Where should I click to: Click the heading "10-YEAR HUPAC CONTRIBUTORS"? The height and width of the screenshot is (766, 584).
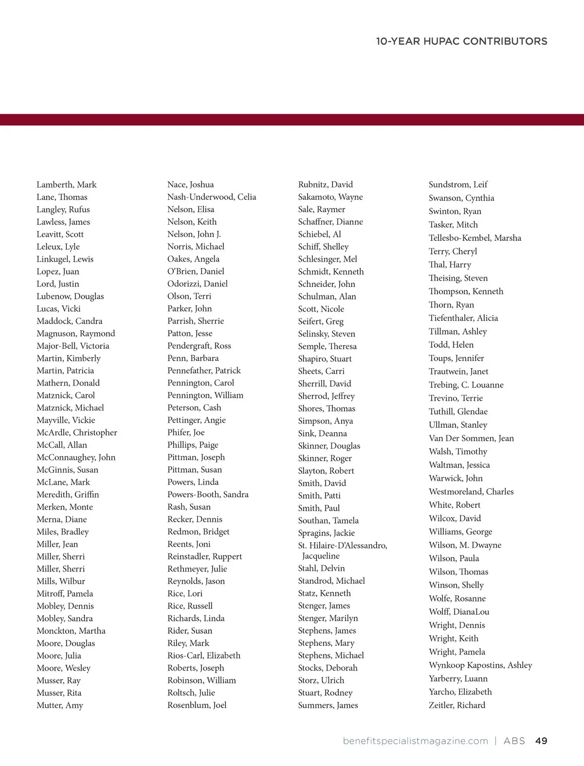coord(461,41)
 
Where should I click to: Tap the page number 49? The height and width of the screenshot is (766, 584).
coord(541,741)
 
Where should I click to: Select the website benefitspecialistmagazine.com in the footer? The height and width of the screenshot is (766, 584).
coord(415,741)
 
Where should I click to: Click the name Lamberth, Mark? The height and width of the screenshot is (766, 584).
coord(67,184)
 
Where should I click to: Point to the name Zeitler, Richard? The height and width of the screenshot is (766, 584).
coord(457,705)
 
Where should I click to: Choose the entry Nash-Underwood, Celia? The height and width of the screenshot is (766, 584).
coord(212,196)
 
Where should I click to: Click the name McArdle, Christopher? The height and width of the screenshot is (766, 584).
coord(77,432)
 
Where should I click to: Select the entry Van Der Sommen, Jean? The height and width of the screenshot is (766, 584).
coord(471,438)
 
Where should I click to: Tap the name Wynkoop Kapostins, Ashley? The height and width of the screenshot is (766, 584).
coord(480,665)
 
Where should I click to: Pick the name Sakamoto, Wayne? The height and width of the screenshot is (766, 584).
coord(330,196)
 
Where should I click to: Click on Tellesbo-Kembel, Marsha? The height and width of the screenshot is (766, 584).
coord(475,238)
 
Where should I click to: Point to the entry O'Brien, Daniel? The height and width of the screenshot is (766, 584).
coord(196,271)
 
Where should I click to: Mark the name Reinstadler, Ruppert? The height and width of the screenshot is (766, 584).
coord(204,556)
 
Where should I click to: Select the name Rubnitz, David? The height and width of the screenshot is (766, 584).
coord(326,184)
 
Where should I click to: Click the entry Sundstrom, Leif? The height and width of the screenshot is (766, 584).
coord(458,184)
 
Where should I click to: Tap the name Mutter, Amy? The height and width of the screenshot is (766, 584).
coord(60,705)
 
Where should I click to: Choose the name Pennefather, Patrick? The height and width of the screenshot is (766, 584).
coord(204,370)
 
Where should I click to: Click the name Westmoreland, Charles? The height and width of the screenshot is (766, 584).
coord(471,491)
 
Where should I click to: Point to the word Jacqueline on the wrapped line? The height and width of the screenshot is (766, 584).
coord(321,555)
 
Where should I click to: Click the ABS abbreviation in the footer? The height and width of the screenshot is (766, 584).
coord(514,741)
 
